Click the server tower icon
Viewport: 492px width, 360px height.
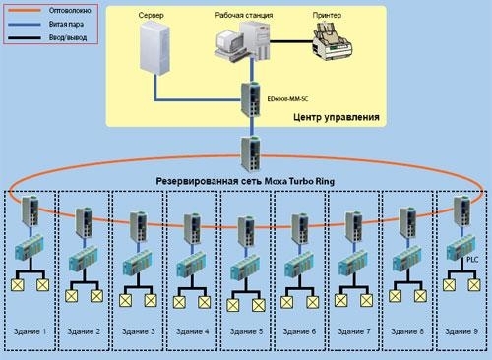(x=155, y=57)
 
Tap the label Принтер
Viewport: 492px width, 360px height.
(x=329, y=17)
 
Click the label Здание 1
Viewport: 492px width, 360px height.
(x=30, y=331)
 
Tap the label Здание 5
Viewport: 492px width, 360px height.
(x=244, y=331)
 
